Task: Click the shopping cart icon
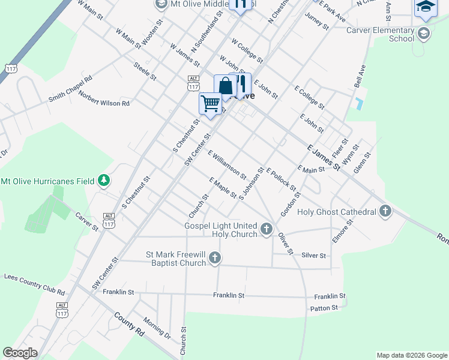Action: click(x=209, y=103)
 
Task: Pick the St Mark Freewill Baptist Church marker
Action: click(x=215, y=259)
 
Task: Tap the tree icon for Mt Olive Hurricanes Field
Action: click(x=104, y=180)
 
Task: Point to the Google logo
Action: click(x=20, y=353)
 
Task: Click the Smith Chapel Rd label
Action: click(x=70, y=88)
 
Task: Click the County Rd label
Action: click(x=129, y=326)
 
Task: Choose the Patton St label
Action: click(x=324, y=308)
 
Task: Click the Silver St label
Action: click(x=313, y=255)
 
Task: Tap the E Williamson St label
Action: click(x=227, y=164)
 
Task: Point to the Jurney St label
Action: click(x=317, y=22)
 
